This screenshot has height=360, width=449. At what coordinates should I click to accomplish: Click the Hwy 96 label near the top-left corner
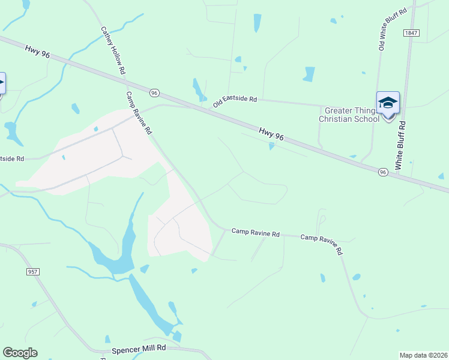(x=37, y=51)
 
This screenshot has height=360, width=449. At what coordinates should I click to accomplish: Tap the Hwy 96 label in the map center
(x=271, y=134)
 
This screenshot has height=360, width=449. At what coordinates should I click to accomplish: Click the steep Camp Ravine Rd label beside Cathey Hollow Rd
(x=139, y=113)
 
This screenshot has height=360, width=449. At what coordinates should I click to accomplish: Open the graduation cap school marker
(x=388, y=104)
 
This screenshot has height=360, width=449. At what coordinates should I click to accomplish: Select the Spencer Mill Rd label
(x=138, y=349)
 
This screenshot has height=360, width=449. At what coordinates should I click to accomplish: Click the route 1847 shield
(x=411, y=33)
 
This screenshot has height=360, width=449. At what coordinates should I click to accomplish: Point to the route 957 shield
(x=33, y=272)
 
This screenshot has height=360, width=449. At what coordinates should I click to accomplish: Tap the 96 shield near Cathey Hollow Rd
(x=154, y=93)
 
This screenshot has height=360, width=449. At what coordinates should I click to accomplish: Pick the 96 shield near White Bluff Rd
(x=382, y=172)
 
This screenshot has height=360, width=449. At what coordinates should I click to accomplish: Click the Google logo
(x=20, y=353)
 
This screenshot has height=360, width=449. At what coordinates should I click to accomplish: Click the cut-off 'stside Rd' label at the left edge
(x=12, y=159)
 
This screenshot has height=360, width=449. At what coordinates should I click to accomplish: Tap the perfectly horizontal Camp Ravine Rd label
(x=256, y=232)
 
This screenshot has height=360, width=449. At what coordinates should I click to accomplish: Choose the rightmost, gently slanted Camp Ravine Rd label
(x=321, y=243)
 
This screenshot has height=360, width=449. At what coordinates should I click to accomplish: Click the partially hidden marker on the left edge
(x=2, y=83)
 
